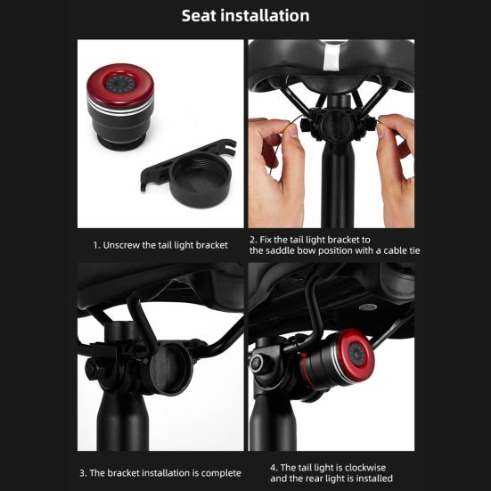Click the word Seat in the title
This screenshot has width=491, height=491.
199,16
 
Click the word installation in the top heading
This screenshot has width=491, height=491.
265,16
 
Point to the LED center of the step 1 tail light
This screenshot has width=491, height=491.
120,84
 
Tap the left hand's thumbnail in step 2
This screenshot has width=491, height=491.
292,131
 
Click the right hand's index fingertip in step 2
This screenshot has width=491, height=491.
381,128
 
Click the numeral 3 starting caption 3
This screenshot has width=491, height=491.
82,473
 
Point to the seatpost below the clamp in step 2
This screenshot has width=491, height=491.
338,188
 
